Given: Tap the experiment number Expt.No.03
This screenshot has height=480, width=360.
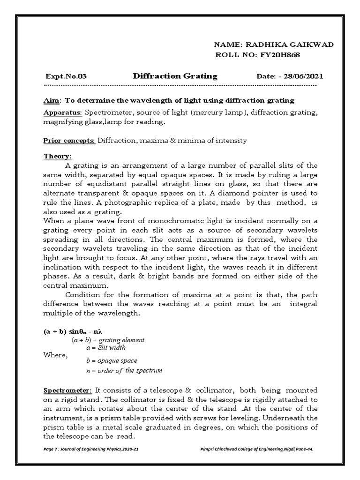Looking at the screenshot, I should [x=66, y=76].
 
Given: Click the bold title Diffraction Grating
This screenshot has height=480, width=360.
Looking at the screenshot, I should [x=175, y=76].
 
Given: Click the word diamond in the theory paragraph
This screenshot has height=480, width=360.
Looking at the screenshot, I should [x=254, y=193].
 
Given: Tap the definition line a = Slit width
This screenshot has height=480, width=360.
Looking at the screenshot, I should [x=106, y=348].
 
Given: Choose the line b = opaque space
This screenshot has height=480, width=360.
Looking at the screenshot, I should [x=112, y=360].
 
